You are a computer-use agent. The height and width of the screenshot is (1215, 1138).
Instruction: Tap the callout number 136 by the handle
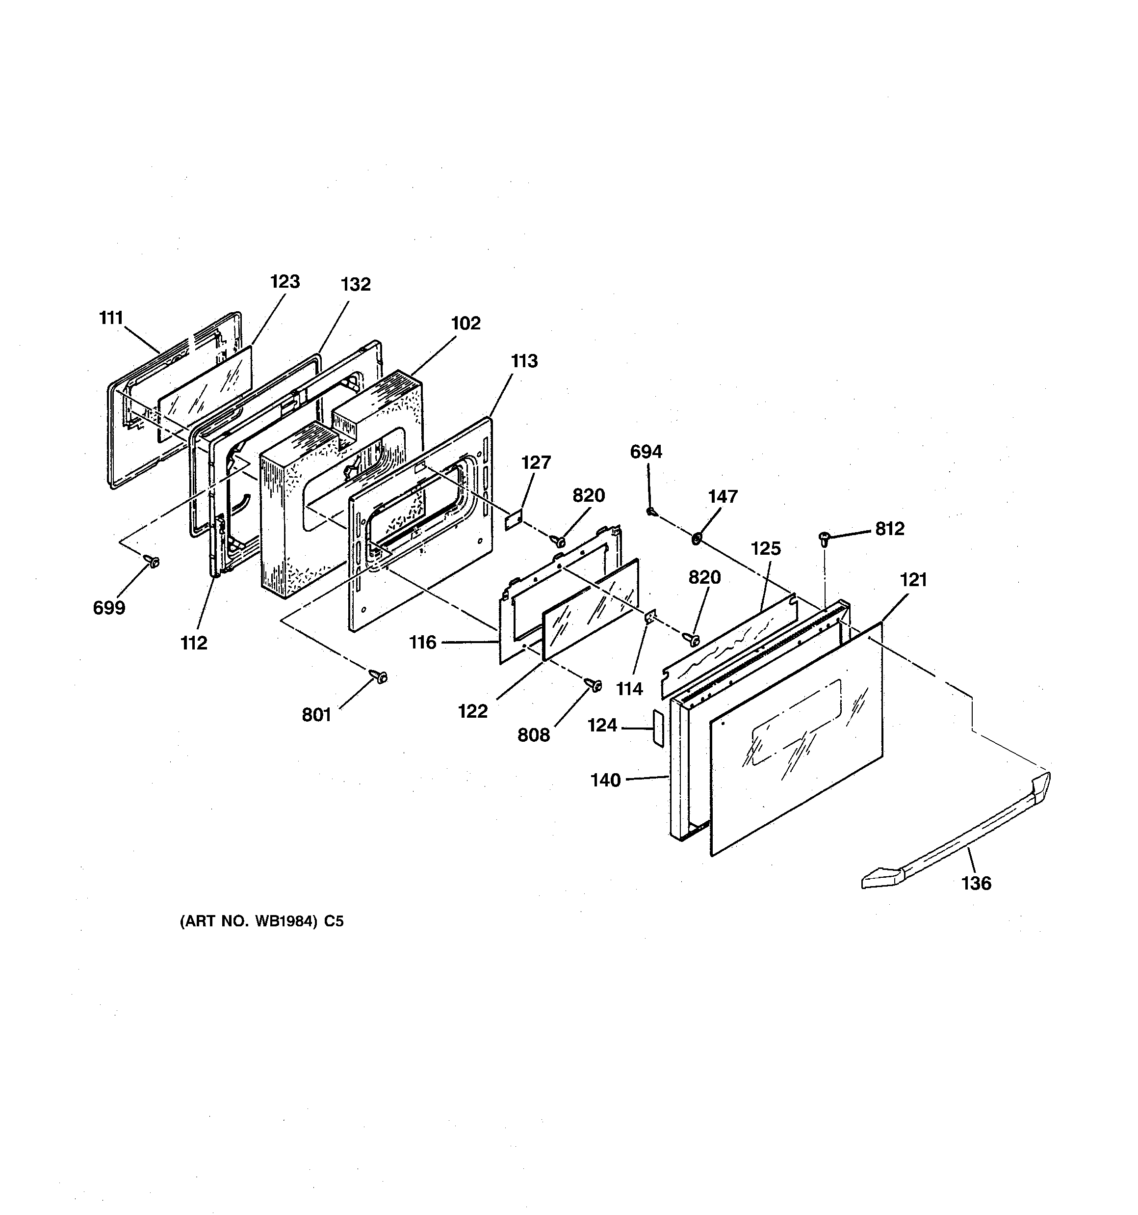point(976,883)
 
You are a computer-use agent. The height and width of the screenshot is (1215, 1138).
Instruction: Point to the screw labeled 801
point(380,676)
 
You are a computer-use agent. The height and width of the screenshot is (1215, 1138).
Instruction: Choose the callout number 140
point(605,781)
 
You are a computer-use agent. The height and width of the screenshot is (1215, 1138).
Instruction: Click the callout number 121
point(913,579)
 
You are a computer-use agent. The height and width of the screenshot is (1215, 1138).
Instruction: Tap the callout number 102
point(466,324)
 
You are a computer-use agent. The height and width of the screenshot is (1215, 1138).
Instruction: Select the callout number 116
point(423,642)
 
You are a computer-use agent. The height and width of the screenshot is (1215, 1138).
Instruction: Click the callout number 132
point(356,284)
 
